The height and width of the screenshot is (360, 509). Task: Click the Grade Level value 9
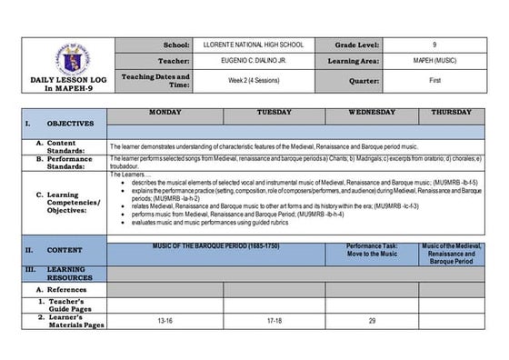click(x=434, y=45)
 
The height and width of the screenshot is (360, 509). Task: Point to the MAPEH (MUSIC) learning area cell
click(x=434, y=62)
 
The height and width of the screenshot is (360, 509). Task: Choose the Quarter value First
click(x=434, y=80)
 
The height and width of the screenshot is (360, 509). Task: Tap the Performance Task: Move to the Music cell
click(x=372, y=249)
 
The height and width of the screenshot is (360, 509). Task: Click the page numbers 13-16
click(x=165, y=321)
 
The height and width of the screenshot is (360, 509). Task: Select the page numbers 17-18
click(x=274, y=321)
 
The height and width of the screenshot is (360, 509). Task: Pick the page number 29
click(x=372, y=321)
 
